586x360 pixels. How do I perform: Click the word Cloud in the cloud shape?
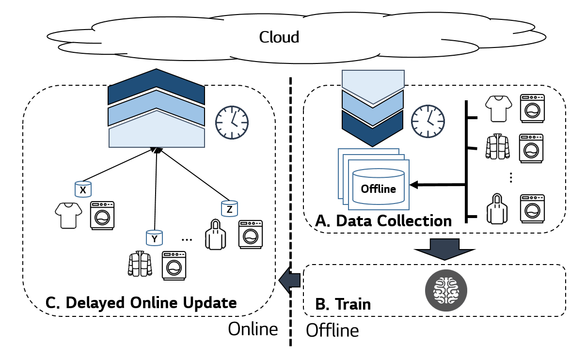pyautogui.click(x=279, y=37)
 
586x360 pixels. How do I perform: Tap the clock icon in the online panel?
pyautogui.click(x=232, y=121)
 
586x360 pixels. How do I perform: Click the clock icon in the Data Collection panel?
pyautogui.click(x=428, y=121)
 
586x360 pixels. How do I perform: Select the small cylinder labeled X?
pyautogui.click(x=83, y=189)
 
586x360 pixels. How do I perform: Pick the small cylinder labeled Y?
pyautogui.click(x=154, y=237)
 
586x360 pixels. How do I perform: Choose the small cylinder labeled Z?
pyautogui.click(x=229, y=208)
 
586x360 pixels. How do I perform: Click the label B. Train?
pyautogui.click(x=343, y=304)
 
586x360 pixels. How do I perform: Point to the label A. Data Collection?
pyautogui.click(x=383, y=221)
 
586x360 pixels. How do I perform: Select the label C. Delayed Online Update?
pyautogui.click(x=141, y=302)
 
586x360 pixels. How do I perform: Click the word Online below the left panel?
pyautogui.click(x=253, y=329)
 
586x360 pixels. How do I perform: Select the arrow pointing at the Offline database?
pyautogui.click(x=436, y=185)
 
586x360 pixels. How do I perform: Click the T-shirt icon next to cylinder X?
pyautogui.click(x=67, y=215)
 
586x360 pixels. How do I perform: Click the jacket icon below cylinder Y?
pyautogui.click(x=140, y=264)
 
